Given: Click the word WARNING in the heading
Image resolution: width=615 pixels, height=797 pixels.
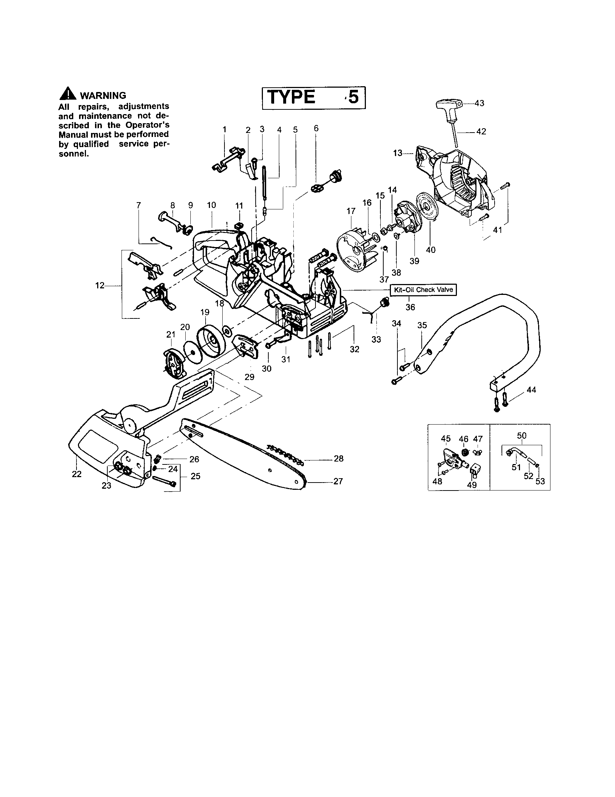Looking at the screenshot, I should pyautogui.click(x=103, y=96).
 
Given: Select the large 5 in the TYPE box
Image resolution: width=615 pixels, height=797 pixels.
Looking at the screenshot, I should pyautogui.click(x=353, y=97).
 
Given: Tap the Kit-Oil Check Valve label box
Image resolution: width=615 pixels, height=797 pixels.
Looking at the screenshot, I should pyautogui.click(x=423, y=290).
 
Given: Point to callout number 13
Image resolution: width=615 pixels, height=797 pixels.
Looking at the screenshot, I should pyautogui.click(x=397, y=153).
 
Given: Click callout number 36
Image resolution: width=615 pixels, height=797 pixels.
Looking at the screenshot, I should pyautogui.click(x=410, y=307).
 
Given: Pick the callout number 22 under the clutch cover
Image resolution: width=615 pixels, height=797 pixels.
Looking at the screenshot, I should pyautogui.click(x=77, y=474).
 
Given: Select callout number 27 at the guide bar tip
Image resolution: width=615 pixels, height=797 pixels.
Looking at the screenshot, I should pyautogui.click(x=338, y=481).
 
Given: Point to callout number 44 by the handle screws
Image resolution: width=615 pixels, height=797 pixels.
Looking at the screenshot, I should pyautogui.click(x=531, y=390).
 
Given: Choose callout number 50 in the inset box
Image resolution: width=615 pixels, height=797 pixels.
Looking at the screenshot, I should pyautogui.click(x=522, y=435).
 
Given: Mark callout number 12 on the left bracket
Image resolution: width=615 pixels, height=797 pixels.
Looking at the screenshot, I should pyautogui.click(x=100, y=285).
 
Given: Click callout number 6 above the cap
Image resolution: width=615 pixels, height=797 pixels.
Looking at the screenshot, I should pyautogui.click(x=316, y=128).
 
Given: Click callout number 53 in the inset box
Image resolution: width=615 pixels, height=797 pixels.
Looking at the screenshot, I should pyautogui.click(x=540, y=481).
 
